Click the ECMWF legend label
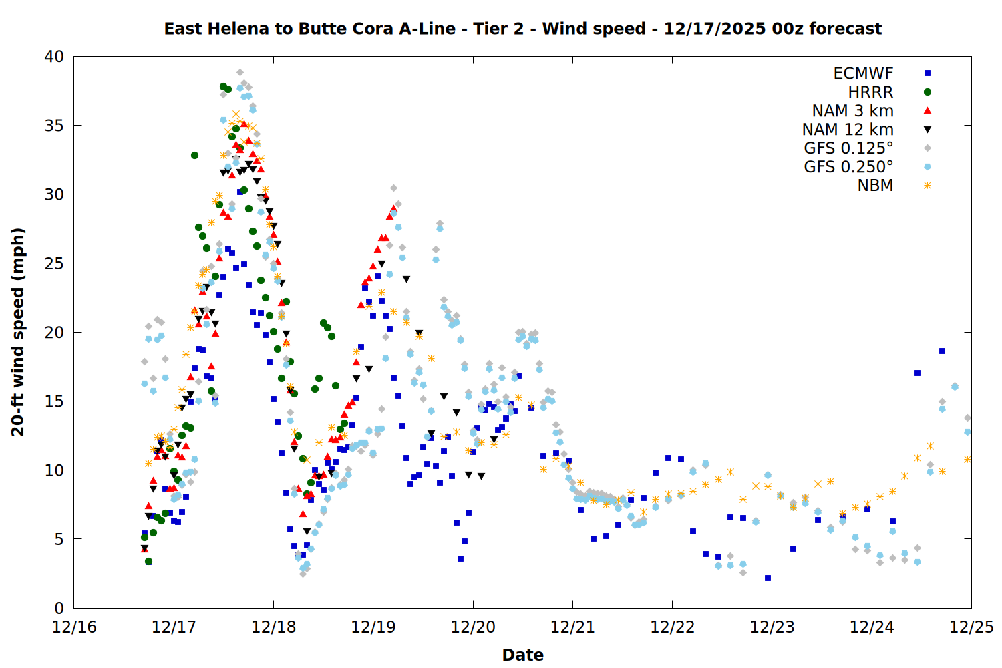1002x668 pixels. click(x=863, y=73)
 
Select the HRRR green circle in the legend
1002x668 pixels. click(x=927, y=92)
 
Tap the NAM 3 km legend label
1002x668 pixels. click(x=852, y=111)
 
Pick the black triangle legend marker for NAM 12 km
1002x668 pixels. click(x=927, y=130)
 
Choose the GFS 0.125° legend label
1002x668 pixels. click(x=848, y=148)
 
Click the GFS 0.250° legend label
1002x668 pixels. click(x=848, y=167)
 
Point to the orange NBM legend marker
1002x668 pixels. click(x=927, y=186)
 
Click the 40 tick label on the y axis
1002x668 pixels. click(x=54, y=57)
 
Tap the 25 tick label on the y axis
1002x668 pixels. click(x=54, y=263)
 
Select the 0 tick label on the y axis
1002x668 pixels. click(x=59, y=608)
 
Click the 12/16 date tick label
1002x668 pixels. click(x=74, y=627)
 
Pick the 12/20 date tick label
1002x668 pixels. click(x=473, y=627)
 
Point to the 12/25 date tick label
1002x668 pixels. click(x=971, y=627)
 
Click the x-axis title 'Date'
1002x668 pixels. click(x=522, y=655)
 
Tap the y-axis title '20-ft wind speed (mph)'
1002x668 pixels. click(x=18, y=332)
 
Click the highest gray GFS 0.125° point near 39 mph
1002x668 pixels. click(x=240, y=72)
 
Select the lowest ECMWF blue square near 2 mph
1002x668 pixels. click(x=768, y=578)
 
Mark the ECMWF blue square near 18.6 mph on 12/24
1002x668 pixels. click(x=942, y=351)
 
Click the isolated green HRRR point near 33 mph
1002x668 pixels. click(x=194, y=155)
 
